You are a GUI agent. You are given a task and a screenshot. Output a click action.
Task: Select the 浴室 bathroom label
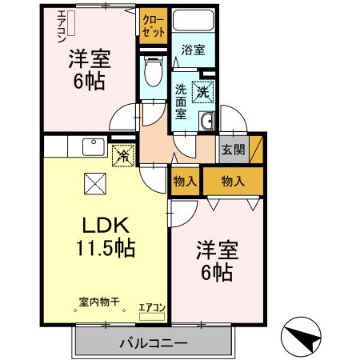(192, 50)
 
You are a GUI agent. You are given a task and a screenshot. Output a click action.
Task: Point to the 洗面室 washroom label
(182, 101)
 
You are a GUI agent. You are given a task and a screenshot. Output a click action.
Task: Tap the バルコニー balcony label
(154, 343)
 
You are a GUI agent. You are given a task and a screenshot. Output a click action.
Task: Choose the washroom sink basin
(206, 121)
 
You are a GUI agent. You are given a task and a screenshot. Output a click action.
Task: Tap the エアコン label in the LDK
(151, 306)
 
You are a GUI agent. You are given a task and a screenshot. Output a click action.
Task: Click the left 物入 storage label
(185, 181)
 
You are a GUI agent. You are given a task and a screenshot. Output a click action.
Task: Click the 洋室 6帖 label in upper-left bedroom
(88, 70)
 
